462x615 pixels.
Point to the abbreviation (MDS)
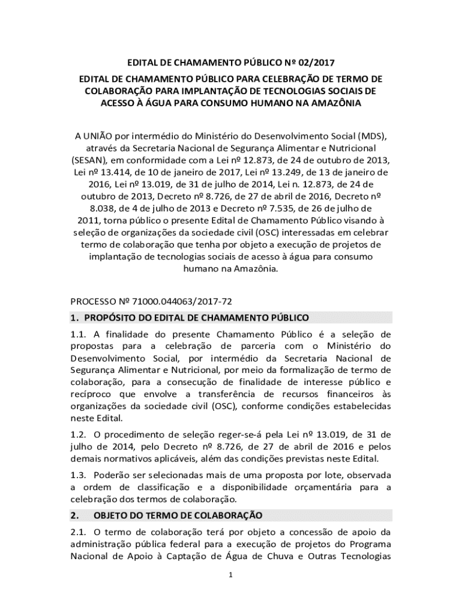click(373, 133)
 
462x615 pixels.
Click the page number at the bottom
click(231, 575)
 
